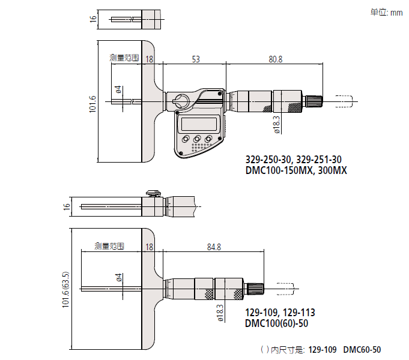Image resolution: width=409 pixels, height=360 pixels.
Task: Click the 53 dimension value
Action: point(196,59)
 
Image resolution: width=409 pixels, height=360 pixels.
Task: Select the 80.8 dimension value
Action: point(276,59)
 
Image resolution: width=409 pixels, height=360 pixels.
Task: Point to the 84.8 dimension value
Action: point(213,247)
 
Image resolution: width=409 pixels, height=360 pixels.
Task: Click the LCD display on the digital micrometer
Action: point(198,124)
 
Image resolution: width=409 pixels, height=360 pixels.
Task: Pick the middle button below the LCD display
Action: point(196,139)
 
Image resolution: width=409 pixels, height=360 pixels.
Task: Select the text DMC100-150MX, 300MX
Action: point(296,170)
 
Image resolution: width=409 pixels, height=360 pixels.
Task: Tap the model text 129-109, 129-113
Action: point(280,313)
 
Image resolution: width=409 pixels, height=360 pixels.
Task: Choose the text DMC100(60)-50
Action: point(277,323)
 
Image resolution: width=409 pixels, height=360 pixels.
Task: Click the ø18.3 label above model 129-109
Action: point(220,313)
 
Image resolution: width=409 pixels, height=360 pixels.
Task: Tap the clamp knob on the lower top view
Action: point(153,193)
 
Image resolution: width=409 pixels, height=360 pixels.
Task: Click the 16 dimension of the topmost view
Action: point(92,19)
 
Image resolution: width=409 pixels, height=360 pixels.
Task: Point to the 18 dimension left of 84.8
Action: point(150,247)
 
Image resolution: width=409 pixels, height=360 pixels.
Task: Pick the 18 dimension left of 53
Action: point(150,59)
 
